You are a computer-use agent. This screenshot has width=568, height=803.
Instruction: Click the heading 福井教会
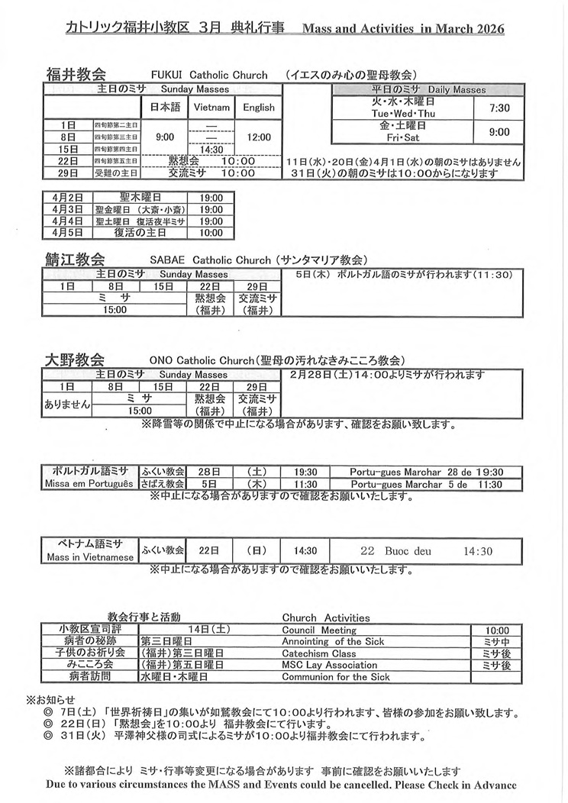(x=76, y=74)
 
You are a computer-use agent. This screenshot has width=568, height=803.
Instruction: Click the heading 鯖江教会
(x=76, y=259)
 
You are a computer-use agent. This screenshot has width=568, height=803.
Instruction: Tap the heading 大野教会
(x=76, y=360)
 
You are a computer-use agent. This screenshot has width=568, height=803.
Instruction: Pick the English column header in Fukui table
(x=258, y=108)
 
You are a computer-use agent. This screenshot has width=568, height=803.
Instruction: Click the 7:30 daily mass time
(x=499, y=108)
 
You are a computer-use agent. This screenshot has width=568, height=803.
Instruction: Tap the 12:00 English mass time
(x=258, y=137)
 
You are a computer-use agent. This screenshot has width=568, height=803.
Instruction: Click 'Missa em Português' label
(x=89, y=484)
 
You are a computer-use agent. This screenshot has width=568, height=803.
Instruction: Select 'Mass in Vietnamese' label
(x=89, y=557)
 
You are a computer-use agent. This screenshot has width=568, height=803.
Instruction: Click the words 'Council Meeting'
(x=319, y=630)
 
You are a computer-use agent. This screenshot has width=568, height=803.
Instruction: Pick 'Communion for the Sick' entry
(x=336, y=676)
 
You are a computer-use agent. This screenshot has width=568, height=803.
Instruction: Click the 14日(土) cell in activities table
(x=208, y=630)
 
